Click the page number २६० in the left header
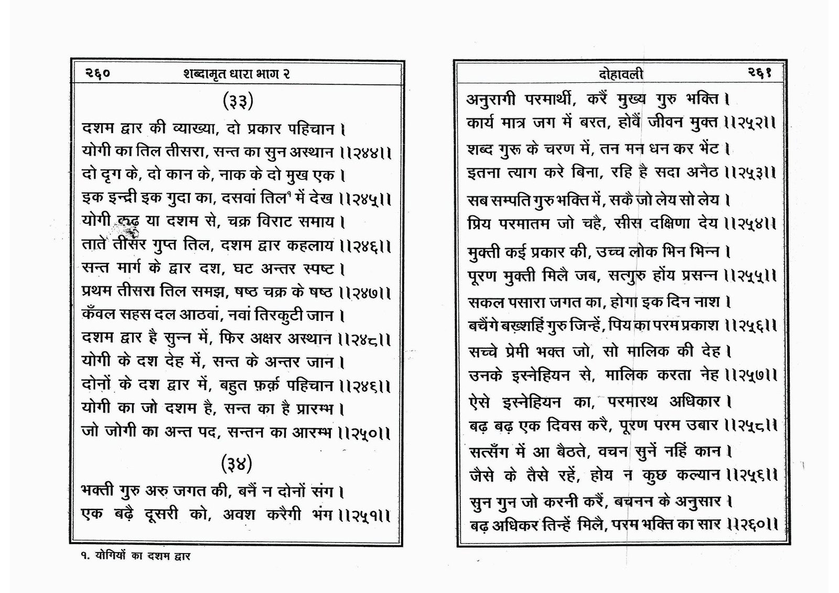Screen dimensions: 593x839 (98, 74)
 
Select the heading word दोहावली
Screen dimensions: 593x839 (621, 74)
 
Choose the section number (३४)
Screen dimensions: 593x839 (237, 463)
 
